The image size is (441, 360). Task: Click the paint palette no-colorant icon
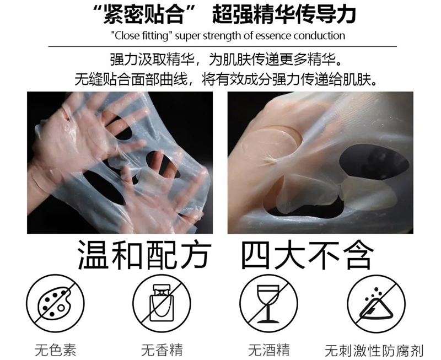pos(56,303)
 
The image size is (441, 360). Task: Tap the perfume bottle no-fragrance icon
pos(162,303)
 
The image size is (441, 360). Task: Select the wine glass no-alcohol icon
pos(269,303)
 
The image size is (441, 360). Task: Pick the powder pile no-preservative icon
pos(377,303)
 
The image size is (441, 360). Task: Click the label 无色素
pos(56,350)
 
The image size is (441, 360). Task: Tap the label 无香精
pos(162,350)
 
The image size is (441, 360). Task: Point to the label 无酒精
pos(269,350)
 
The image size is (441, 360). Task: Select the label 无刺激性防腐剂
pos(374,351)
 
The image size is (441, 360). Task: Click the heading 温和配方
pos(144,255)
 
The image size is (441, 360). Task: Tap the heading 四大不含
pos(308,255)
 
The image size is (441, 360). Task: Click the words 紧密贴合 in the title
pos(144,14)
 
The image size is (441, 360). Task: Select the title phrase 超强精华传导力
pos(284,14)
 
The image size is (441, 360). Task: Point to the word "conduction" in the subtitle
pos(320,36)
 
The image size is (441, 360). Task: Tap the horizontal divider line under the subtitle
pos(223,46)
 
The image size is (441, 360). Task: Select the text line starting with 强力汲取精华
pos(226,60)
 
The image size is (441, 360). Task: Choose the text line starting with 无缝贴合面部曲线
pos(226,79)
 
